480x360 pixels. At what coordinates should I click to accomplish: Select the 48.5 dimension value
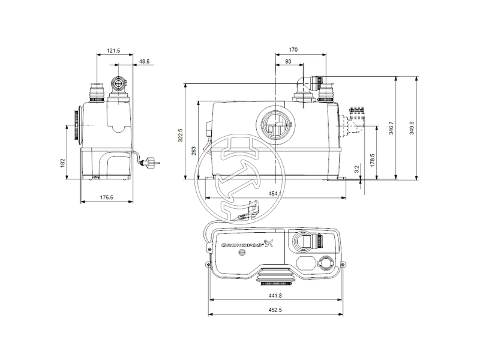coord(145,61)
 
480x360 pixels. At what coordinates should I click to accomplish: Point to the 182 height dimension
coord(63,163)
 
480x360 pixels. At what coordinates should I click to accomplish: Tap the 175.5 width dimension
coord(107,197)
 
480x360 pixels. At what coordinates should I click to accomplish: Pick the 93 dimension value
coord(289,62)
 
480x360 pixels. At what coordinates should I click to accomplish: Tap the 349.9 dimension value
coord(412,128)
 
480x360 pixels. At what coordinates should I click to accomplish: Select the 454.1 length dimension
coord(275,193)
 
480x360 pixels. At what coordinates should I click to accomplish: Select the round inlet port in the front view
coord(274,126)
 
